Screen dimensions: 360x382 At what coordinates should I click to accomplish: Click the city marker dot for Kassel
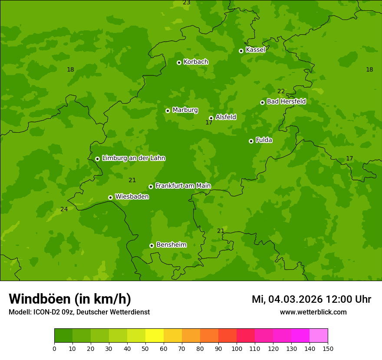pos(241,51)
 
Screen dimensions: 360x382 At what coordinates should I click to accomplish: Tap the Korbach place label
pos(196,62)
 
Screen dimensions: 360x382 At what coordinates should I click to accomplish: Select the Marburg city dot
pos(168,111)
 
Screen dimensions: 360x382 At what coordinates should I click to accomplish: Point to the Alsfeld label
pos(226,117)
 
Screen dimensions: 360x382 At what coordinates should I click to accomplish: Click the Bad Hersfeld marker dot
pos(262,102)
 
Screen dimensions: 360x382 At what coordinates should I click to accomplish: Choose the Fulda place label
pos(264,140)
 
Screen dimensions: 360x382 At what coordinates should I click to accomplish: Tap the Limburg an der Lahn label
pos(134,158)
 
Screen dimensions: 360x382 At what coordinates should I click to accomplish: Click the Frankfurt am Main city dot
pos(151,187)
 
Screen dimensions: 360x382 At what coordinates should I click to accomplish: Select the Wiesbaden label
pos(132,197)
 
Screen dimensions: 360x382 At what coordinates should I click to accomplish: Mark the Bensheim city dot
pos(151,245)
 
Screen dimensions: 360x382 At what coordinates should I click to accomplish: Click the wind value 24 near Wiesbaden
pos(64,209)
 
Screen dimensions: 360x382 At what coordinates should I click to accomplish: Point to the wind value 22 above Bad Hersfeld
pos(281,91)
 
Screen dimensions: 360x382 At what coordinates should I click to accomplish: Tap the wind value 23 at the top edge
pos(187,3)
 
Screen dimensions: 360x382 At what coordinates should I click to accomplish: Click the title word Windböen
pos(39,299)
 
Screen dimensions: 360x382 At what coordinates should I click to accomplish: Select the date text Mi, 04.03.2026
pos(287,299)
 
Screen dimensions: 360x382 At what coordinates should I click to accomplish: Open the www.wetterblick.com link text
pos(313,312)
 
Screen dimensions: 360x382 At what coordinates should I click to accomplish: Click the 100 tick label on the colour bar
pos(237,348)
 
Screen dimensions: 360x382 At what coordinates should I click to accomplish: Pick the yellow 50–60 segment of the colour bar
pos(154,336)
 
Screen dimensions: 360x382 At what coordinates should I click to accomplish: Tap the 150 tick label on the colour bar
pos(328,348)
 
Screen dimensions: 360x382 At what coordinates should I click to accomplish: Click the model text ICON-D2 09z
pos(52,312)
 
